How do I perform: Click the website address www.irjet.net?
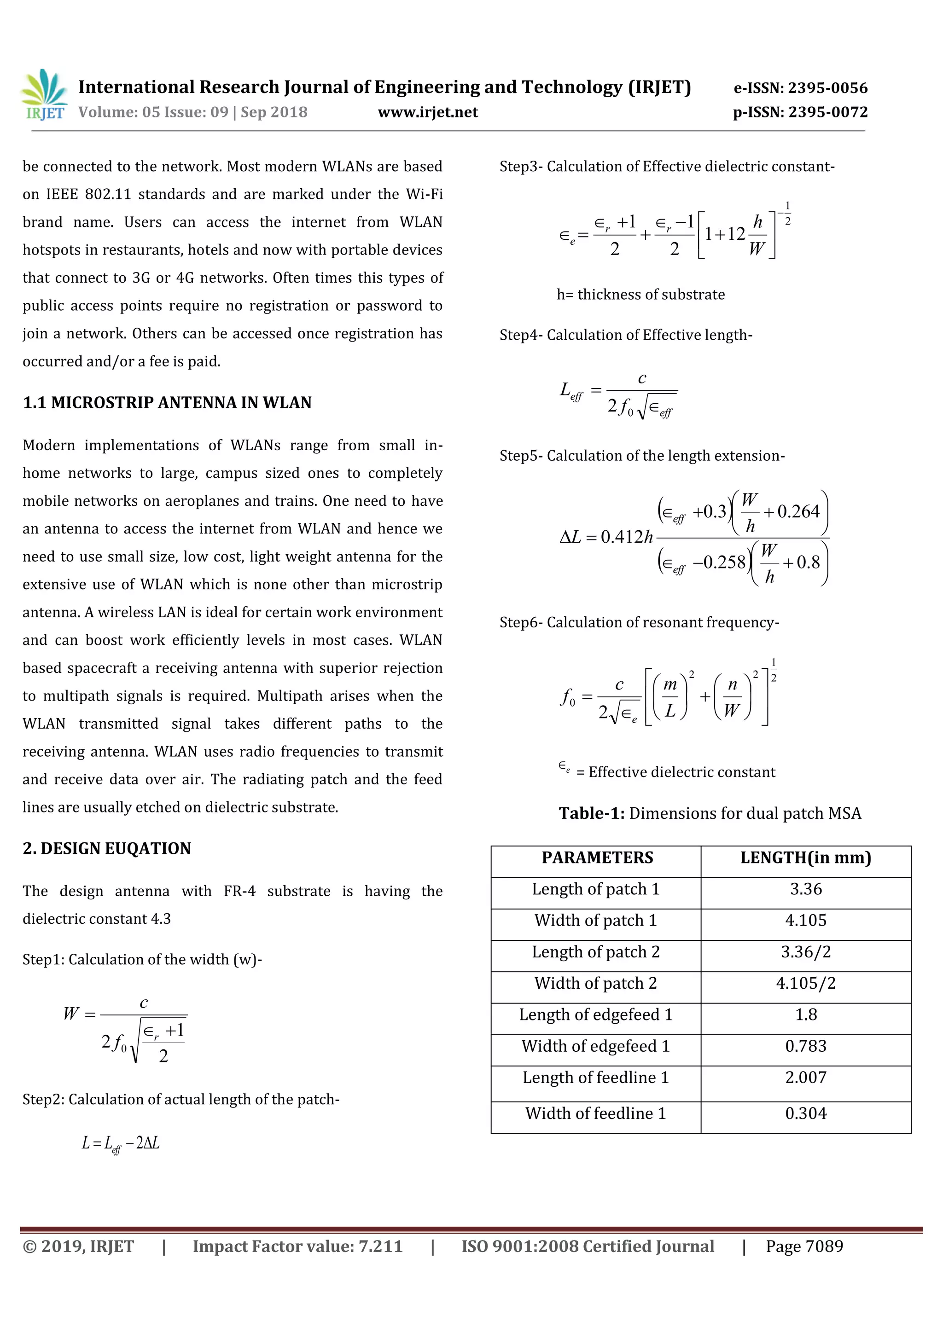428,112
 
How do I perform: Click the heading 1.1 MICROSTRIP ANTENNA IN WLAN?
167,402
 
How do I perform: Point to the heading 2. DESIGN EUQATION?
107,848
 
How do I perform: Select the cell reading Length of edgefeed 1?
596,1014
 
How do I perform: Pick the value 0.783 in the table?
805,1046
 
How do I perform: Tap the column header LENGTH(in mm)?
805,858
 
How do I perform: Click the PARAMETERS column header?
597,858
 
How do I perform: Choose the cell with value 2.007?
805,1077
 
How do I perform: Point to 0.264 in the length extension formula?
798,511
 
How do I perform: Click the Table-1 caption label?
592,813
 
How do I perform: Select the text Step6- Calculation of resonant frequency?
639,622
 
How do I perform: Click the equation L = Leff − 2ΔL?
120,1143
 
